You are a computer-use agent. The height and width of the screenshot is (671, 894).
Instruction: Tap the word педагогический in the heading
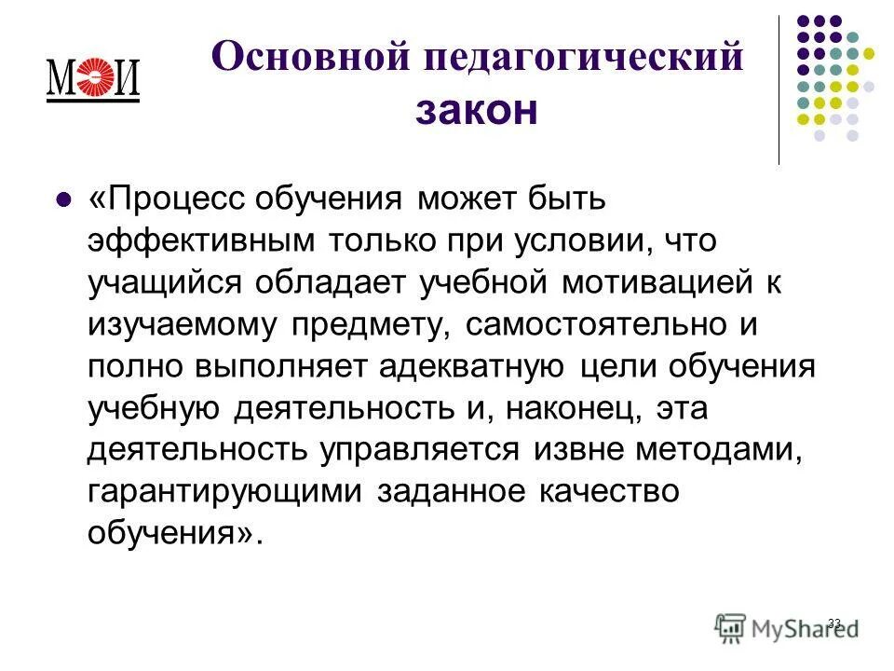585,59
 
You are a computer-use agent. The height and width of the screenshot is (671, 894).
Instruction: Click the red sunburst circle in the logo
93,77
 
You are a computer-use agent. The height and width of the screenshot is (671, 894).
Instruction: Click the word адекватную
471,365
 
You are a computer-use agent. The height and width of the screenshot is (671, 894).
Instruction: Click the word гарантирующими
226,492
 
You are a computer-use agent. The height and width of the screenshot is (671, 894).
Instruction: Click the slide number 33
833,623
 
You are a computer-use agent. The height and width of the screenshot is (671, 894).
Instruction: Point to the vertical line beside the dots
779,89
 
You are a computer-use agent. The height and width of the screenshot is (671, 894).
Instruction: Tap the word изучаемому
183,324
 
